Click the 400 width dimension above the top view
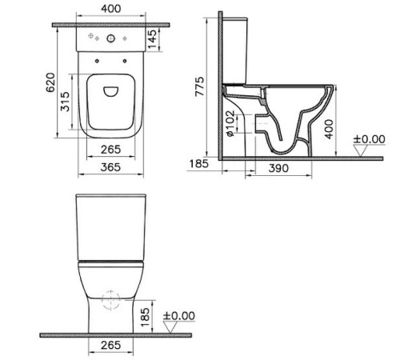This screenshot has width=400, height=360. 110,9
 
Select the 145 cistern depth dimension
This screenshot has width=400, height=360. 152,39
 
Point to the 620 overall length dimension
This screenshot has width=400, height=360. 50,82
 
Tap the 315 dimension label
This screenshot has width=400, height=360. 65,102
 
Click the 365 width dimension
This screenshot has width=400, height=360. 110,167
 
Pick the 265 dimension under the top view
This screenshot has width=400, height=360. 110,150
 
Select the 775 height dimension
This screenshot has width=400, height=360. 199,86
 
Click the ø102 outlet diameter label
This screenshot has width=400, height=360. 231,123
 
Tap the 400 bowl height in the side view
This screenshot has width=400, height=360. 330,129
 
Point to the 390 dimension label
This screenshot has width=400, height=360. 278,168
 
